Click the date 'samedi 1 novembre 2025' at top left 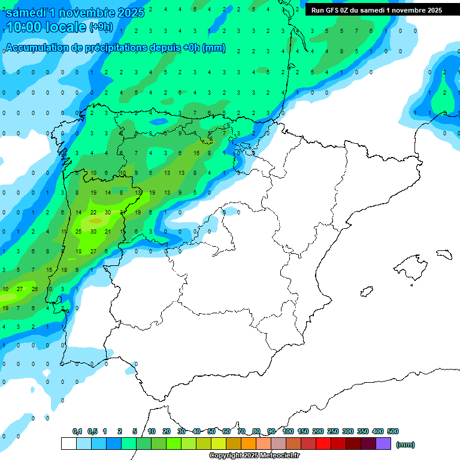pos(74,13)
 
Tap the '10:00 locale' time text pos(46,27)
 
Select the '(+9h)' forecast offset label pos(100,27)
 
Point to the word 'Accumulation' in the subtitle pos(37,48)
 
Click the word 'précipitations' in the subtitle pos(116,48)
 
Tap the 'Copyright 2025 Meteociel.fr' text pos(254,456)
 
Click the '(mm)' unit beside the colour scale pos(405,444)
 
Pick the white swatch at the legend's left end pos(68,444)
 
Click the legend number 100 pos(288,431)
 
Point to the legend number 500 pos(393,431)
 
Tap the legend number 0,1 pos(77,431)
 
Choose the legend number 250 pos(333,431)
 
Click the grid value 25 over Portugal pos(78,232)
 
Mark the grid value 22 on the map pos(93,213)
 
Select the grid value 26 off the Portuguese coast pos(35,289)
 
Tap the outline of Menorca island pos(444,254)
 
